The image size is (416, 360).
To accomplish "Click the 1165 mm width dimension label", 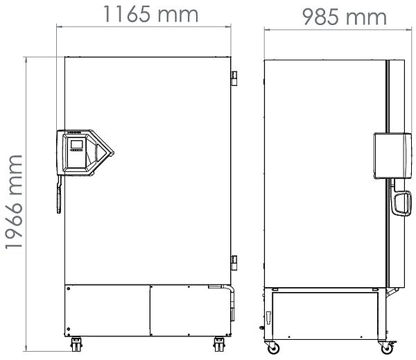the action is [x=150, y=15].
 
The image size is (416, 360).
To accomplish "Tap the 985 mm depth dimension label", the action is [x=344, y=17].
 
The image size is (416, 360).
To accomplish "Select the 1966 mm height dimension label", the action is [x=14, y=202].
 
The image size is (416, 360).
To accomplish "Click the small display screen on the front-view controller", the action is [x=77, y=144].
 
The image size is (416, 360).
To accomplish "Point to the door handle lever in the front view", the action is [x=59, y=194].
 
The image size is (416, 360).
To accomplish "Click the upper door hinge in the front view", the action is [x=234, y=78].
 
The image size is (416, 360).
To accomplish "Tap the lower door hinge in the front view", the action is [x=234, y=263].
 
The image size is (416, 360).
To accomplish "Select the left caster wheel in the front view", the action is [x=76, y=344].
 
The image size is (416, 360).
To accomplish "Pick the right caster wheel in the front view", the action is [x=219, y=344].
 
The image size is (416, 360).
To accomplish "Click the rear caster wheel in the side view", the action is [x=273, y=348].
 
